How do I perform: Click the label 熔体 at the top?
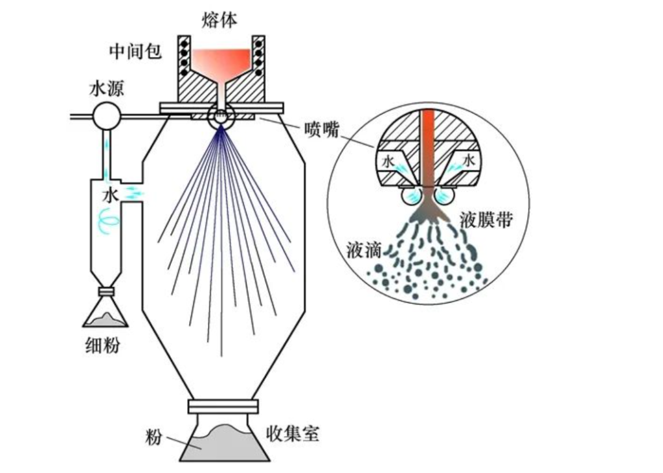click(219, 19)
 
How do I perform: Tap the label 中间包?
click(135, 52)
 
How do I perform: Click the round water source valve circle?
click(106, 117)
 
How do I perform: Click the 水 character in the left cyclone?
click(110, 195)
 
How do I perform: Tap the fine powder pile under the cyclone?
click(105, 319)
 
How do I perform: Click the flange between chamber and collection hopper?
click(223, 406)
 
